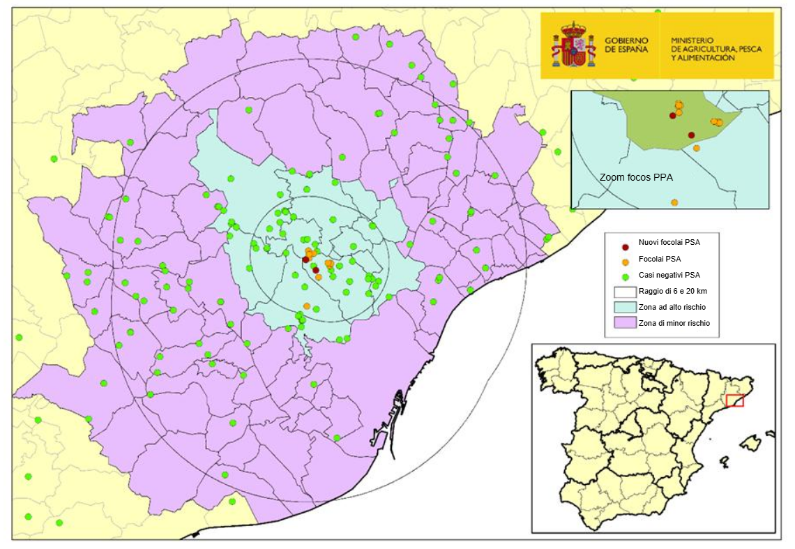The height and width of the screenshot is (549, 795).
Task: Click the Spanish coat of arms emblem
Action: (573, 45)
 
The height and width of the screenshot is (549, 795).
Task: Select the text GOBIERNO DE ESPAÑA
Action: (626, 45)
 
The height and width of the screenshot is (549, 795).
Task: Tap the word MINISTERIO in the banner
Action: (691, 40)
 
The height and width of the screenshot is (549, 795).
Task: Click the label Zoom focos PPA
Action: (636, 178)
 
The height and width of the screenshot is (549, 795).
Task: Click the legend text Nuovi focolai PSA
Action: (669, 242)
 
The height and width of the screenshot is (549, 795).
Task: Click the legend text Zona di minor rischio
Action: (674, 323)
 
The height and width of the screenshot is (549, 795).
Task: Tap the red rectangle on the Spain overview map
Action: (735, 400)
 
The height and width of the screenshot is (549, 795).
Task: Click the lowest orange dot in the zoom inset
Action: (674, 202)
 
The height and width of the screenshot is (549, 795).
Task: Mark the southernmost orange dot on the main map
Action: (307, 306)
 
